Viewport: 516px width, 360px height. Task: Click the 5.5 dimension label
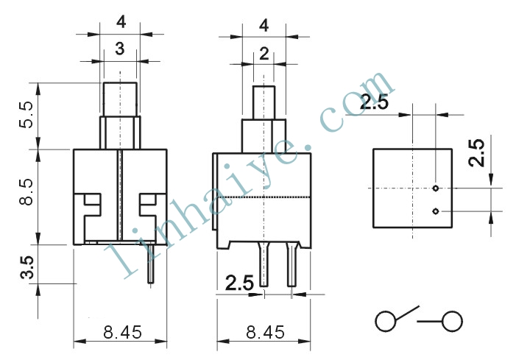(x=26, y=115)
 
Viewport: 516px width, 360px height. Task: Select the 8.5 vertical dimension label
(x=26, y=192)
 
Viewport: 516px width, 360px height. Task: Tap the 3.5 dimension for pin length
(x=27, y=267)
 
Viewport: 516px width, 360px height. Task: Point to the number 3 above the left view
(x=120, y=49)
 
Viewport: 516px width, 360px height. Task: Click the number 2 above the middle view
(x=264, y=54)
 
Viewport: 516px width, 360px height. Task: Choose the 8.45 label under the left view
(x=122, y=332)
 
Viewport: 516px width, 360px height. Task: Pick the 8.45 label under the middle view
(x=265, y=332)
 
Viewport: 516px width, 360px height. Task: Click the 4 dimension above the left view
(x=121, y=22)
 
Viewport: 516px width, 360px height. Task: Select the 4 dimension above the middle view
(x=264, y=25)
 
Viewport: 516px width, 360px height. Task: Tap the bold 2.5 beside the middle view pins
(x=239, y=283)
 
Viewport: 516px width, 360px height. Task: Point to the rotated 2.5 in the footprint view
(x=477, y=153)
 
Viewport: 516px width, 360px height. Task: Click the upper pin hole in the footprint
(x=436, y=188)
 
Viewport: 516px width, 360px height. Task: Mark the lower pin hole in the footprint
(x=435, y=211)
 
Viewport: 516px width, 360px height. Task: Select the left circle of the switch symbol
(x=386, y=321)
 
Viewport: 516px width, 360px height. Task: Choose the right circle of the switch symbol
(x=452, y=321)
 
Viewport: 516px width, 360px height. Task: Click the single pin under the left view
(x=151, y=264)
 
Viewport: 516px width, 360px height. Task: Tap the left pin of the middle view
(x=264, y=264)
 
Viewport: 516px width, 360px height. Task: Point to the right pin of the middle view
(x=292, y=264)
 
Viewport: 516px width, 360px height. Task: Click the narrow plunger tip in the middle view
(x=264, y=102)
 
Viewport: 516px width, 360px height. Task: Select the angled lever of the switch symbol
(x=407, y=313)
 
